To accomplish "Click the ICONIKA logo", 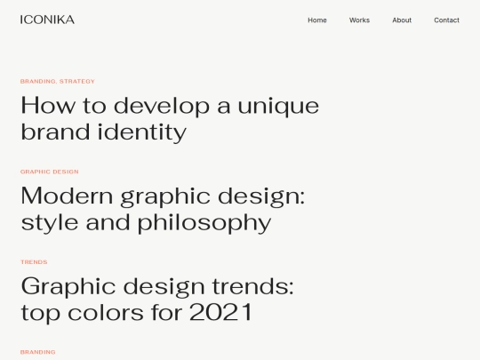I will click(x=47, y=20).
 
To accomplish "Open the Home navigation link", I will click(x=317, y=20).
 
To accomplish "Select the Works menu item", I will click(x=359, y=20).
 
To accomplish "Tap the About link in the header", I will click(x=402, y=20).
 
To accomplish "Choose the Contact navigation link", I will click(x=446, y=20).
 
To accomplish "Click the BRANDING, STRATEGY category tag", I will click(x=58, y=82).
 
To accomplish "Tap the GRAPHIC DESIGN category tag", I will click(x=50, y=172).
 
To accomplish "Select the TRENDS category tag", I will click(x=34, y=262).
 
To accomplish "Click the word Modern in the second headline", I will click(x=65, y=196).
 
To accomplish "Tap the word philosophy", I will click(x=204, y=222).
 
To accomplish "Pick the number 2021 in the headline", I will click(x=220, y=313).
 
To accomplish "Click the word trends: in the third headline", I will click(x=252, y=286).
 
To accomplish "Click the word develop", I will click(x=161, y=106).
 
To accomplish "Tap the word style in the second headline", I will click(x=49, y=222).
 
